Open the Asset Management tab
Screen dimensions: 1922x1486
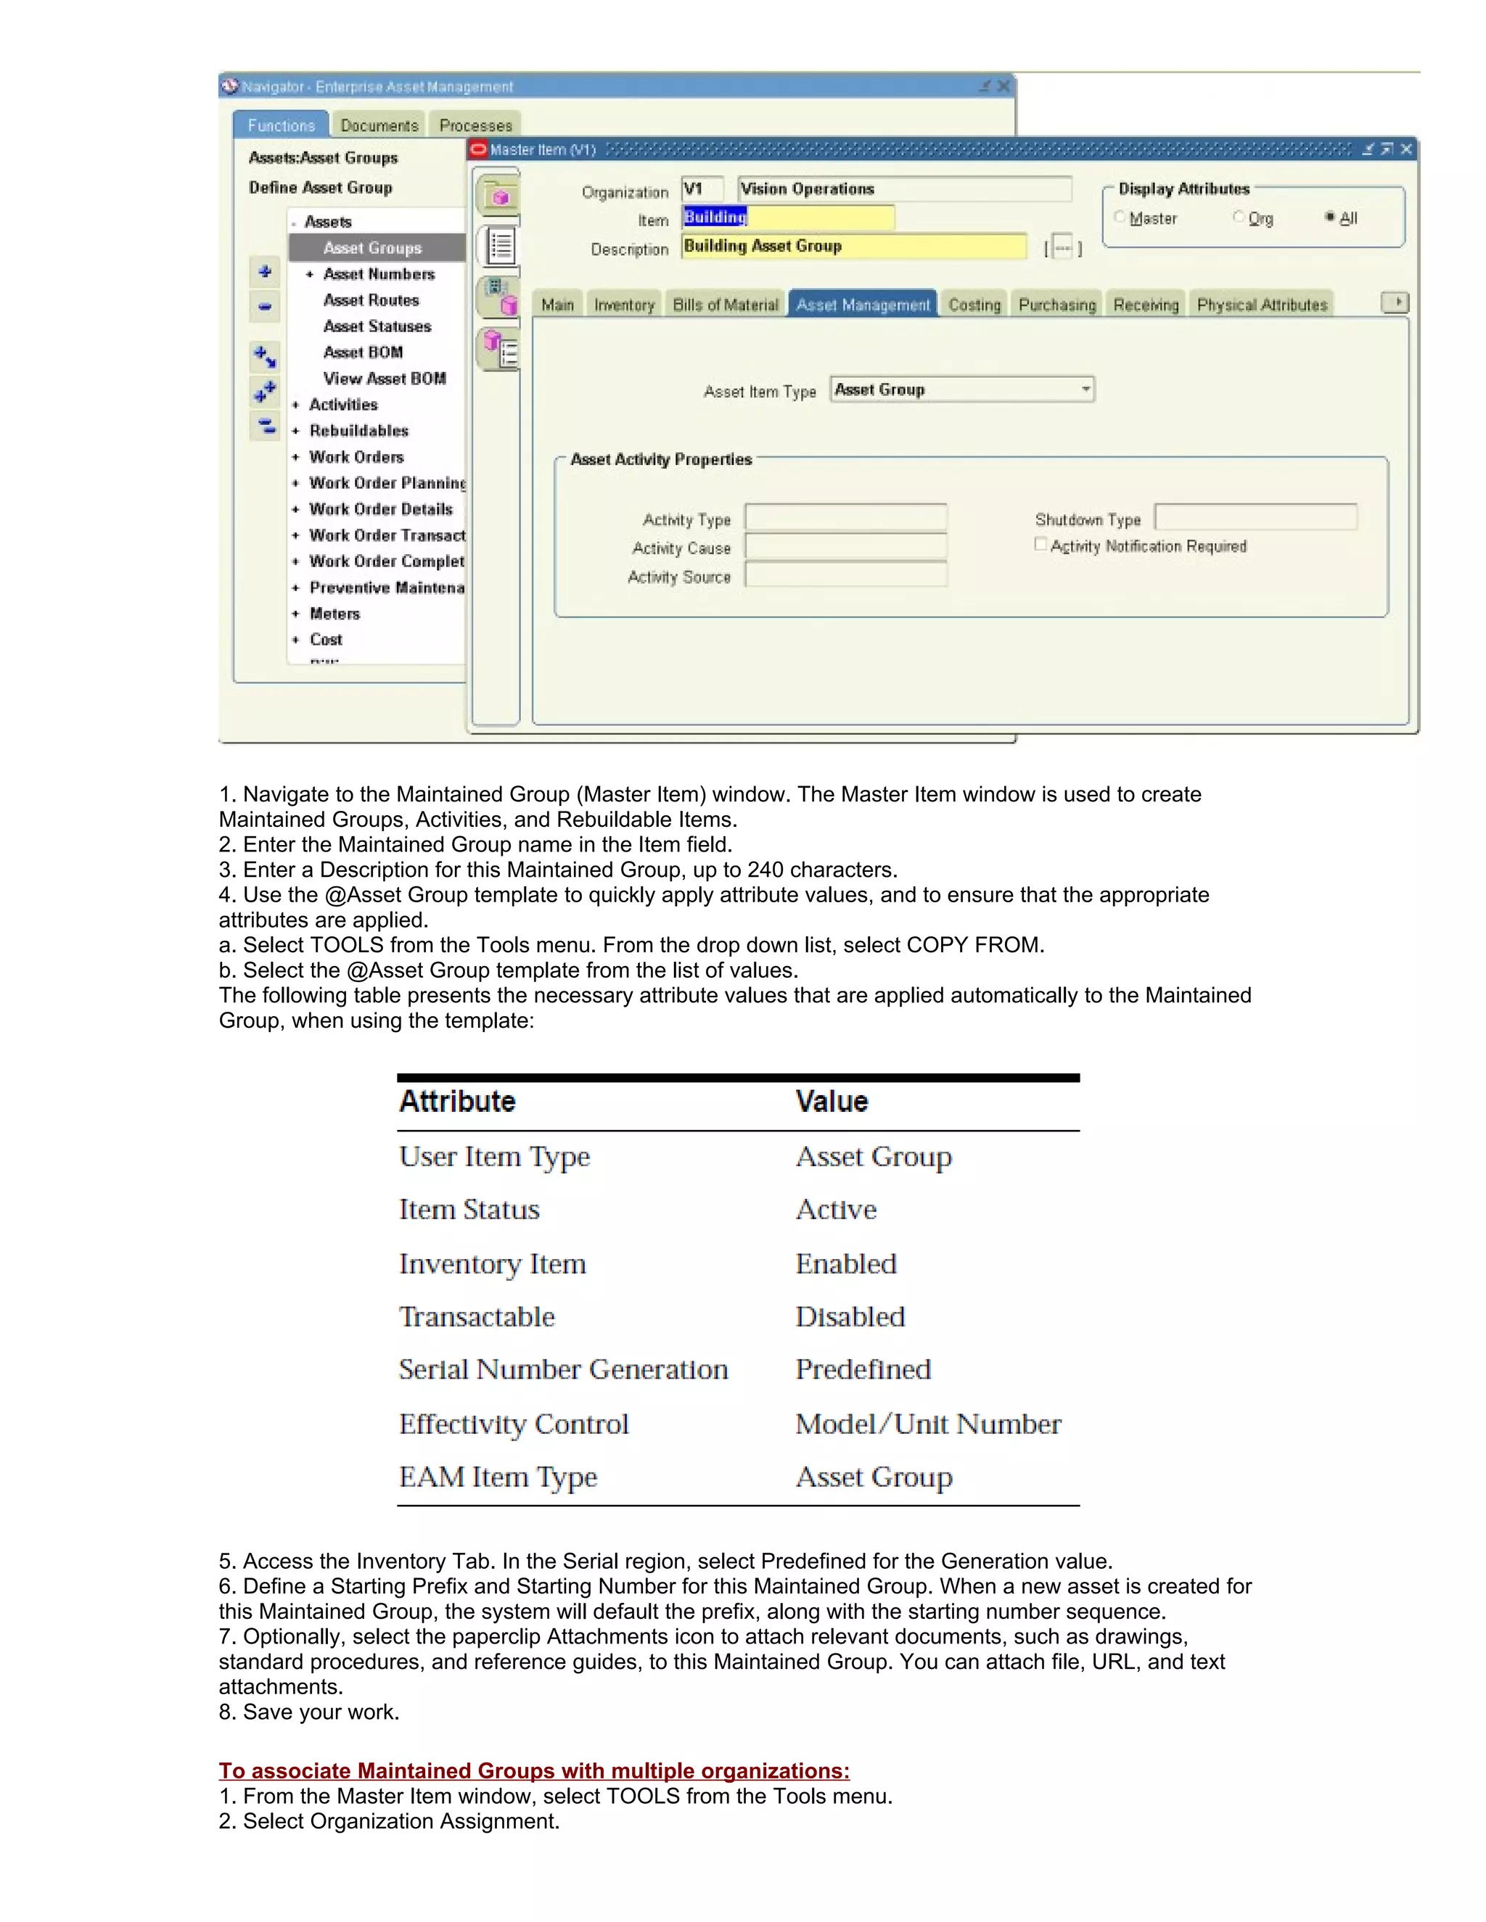862,305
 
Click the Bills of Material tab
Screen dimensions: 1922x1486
726,305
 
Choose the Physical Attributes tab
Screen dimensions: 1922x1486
1262,305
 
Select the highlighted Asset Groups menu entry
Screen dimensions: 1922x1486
372,248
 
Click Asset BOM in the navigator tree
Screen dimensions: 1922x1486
363,352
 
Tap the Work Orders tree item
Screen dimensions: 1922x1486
356,457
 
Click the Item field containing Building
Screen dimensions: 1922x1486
788,218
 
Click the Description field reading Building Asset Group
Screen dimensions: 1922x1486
854,247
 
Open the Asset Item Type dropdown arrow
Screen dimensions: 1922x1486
1085,389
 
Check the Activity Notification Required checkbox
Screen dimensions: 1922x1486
1040,545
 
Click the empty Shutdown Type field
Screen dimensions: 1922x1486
1255,517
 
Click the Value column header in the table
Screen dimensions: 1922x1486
832,1101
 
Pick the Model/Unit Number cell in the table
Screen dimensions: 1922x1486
928,1424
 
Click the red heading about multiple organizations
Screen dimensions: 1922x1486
533,1770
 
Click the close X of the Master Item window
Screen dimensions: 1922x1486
1406,149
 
